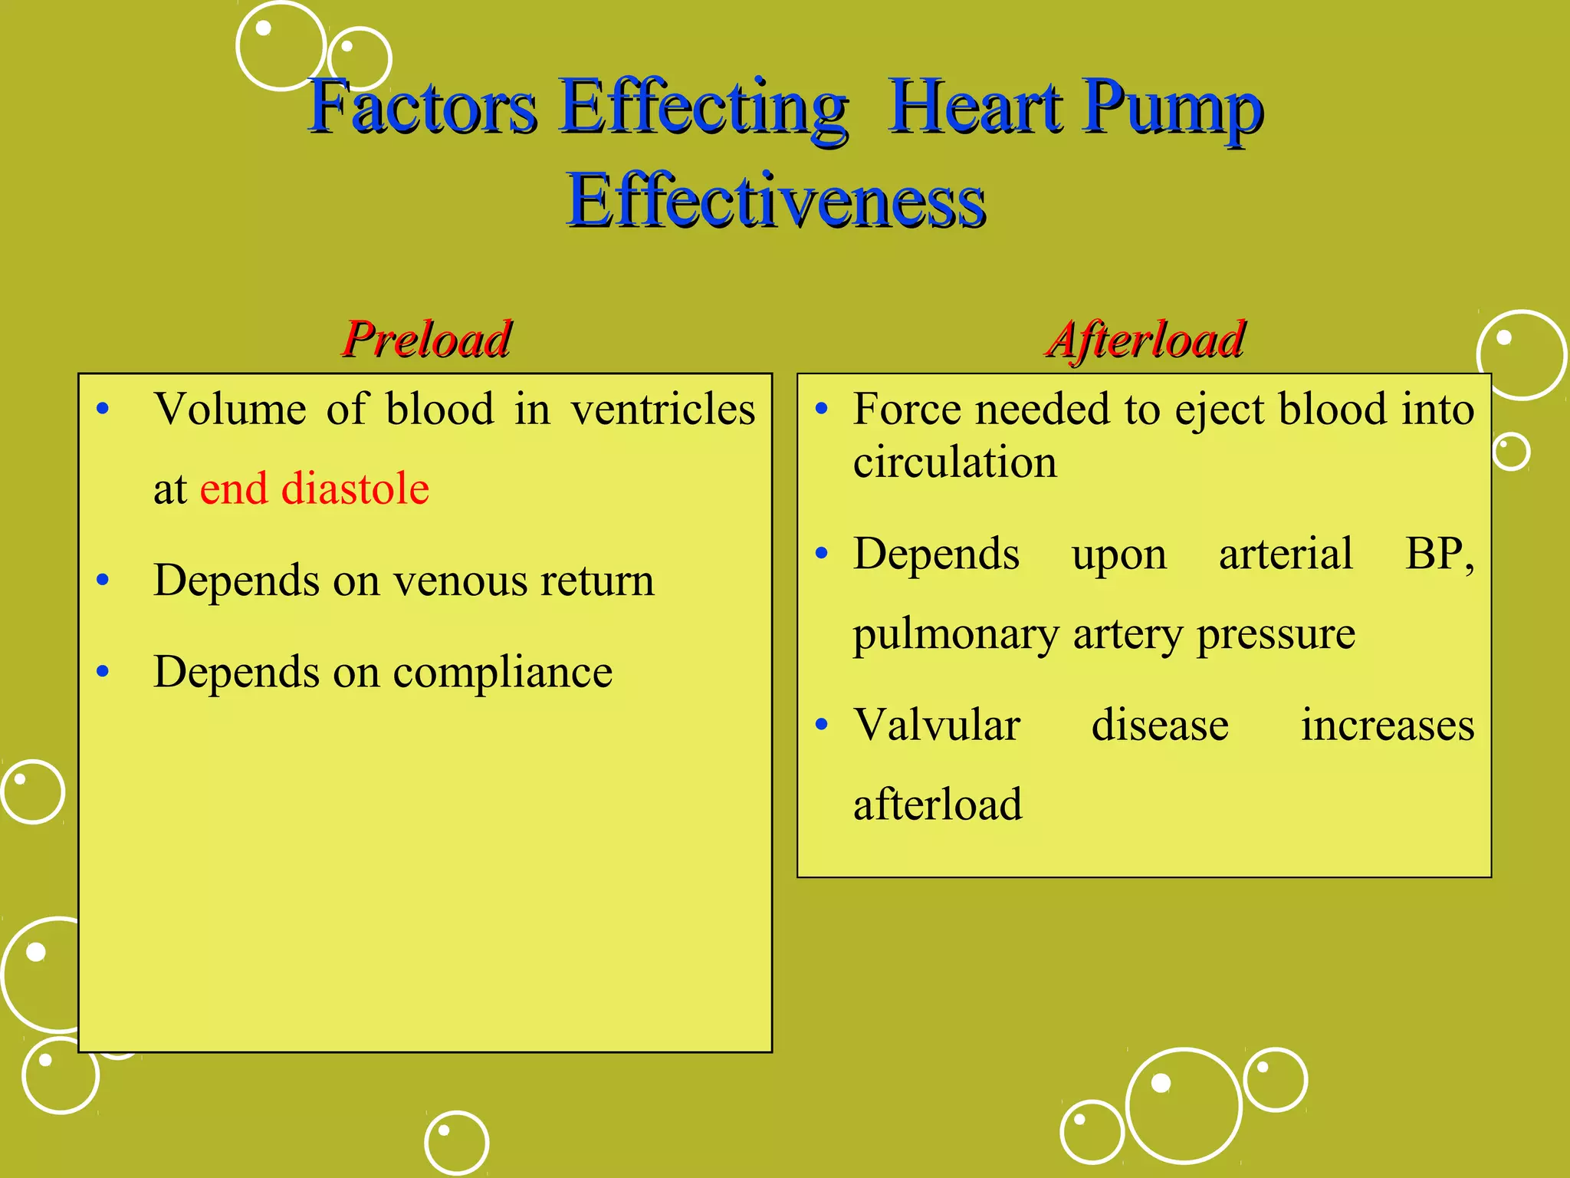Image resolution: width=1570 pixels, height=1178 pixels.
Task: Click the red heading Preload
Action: (x=426, y=339)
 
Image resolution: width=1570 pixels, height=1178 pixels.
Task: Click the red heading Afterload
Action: (x=1145, y=339)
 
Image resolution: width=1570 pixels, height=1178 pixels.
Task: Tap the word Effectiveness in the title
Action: (x=776, y=201)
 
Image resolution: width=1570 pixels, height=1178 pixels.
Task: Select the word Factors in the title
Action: (x=422, y=107)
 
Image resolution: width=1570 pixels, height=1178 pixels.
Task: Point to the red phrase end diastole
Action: (x=314, y=489)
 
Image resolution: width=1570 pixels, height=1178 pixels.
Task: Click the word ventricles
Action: (x=663, y=409)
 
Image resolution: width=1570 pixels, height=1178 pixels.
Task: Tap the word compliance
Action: (x=502, y=673)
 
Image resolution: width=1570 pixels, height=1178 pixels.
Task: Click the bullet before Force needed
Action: (x=822, y=409)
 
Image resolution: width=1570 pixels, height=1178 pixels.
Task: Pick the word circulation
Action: (x=954, y=462)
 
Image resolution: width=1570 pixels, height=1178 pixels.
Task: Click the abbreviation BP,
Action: (x=1439, y=554)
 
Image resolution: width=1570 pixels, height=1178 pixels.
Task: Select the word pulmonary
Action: (x=955, y=634)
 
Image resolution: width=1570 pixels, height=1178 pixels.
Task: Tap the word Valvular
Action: (x=937, y=725)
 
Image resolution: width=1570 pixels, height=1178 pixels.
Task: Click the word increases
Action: (x=1387, y=725)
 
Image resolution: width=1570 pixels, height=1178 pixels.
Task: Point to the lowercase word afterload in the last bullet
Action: (x=937, y=805)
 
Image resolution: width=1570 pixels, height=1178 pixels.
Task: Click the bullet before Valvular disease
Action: (x=822, y=725)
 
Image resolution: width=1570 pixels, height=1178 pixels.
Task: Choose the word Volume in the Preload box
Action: (x=230, y=409)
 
